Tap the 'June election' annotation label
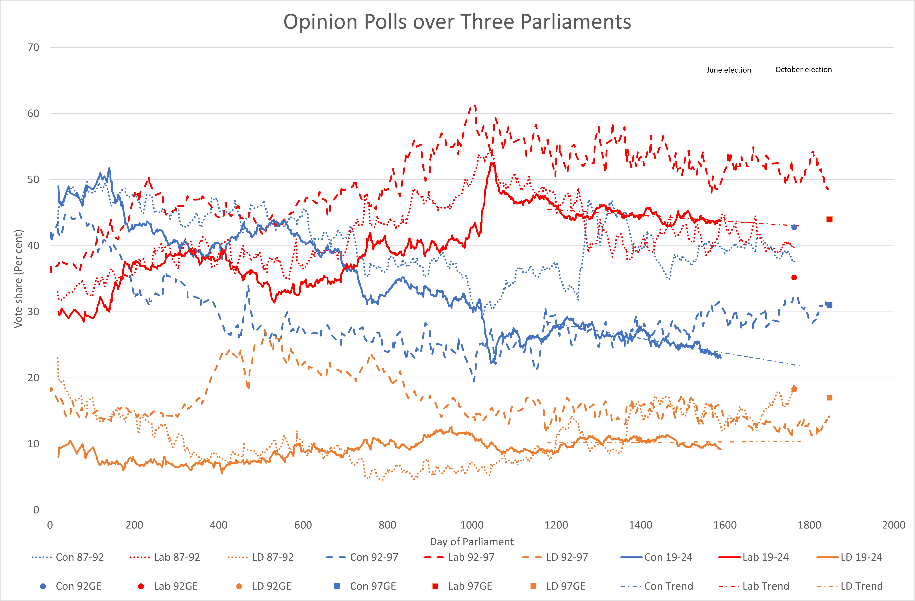pyautogui.click(x=729, y=70)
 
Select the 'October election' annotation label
pyautogui.click(x=804, y=70)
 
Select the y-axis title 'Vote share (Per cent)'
pyautogui.click(x=18, y=279)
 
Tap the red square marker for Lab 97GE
pyautogui.click(x=829, y=219)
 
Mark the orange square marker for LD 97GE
pyautogui.click(x=829, y=398)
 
